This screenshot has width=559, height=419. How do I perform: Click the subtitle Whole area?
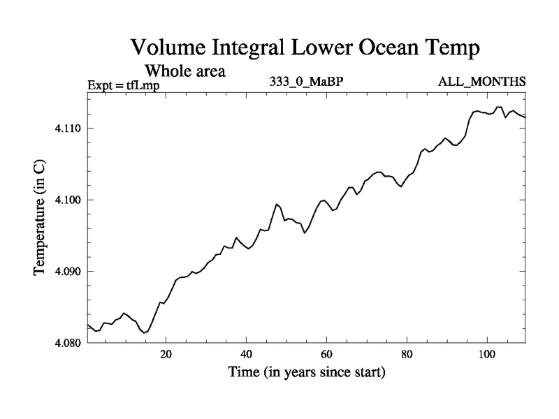[x=184, y=71]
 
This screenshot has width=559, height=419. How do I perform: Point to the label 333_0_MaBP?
[x=305, y=82]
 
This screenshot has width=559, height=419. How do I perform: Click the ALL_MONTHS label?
[x=481, y=82]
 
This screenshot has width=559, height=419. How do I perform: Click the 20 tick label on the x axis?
[x=166, y=355]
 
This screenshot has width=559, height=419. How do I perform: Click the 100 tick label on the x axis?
[x=486, y=355]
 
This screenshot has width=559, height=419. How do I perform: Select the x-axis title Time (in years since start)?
[x=306, y=373]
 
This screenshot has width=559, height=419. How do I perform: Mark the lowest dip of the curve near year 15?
[x=144, y=333]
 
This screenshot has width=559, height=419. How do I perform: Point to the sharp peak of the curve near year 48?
[x=277, y=204]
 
